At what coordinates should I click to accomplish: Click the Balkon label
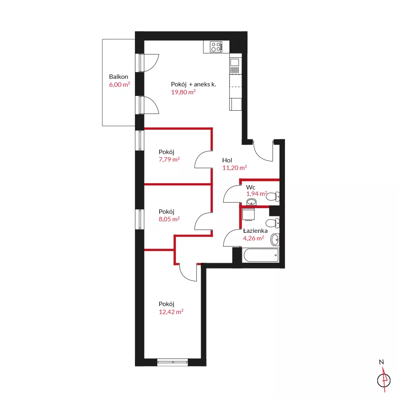119,77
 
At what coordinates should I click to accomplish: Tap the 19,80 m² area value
183,92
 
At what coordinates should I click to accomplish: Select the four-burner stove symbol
216,47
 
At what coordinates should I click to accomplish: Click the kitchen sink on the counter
235,66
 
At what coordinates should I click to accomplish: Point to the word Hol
227,160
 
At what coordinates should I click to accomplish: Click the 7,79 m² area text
169,160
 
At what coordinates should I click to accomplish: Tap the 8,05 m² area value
169,219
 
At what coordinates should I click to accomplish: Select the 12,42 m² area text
171,312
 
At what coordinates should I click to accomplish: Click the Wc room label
250,187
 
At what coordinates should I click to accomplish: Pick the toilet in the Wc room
273,197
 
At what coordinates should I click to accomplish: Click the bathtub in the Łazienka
261,255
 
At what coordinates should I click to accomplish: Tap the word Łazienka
255,231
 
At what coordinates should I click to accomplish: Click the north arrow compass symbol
384,380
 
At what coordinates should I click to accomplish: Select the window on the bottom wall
173,362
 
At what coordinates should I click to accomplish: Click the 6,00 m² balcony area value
119,84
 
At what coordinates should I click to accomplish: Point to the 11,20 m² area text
234,168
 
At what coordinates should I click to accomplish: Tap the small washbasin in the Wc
252,202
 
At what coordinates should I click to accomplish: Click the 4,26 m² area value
253,238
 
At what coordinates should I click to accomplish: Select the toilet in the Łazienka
273,223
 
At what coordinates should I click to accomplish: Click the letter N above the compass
381,362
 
